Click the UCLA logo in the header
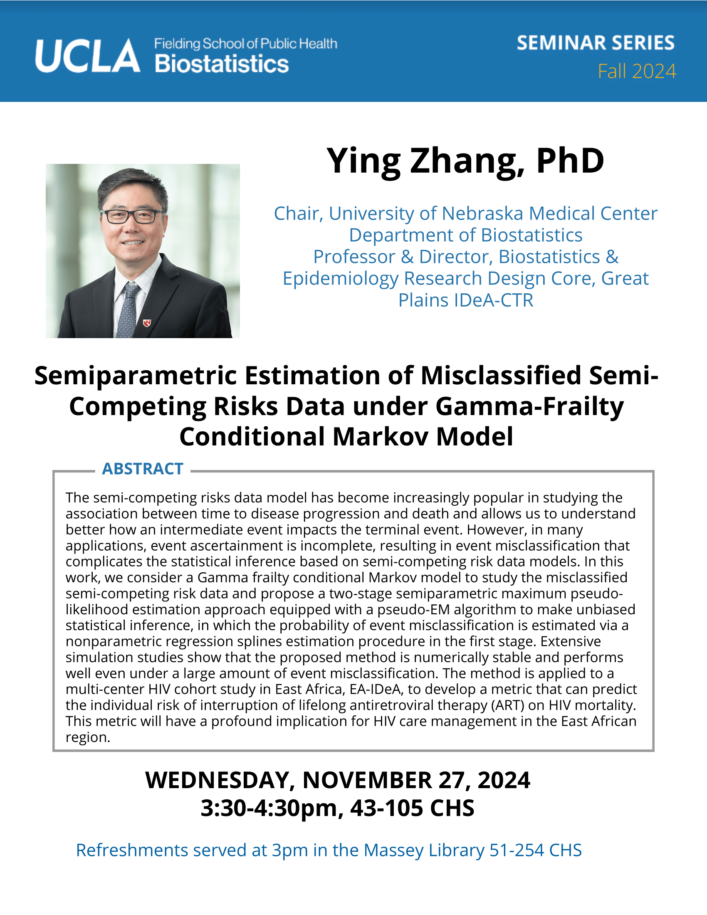[x=87, y=56]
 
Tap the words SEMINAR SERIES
[x=596, y=43]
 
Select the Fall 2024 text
[x=637, y=71]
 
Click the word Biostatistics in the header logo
[x=222, y=64]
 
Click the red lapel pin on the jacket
[x=146, y=323]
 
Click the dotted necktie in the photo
[x=128, y=310]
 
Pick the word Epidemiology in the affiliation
[x=341, y=279]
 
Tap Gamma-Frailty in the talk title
[x=530, y=407]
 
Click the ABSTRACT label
[x=143, y=469]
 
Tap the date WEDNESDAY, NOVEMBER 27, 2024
[x=338, y=781]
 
